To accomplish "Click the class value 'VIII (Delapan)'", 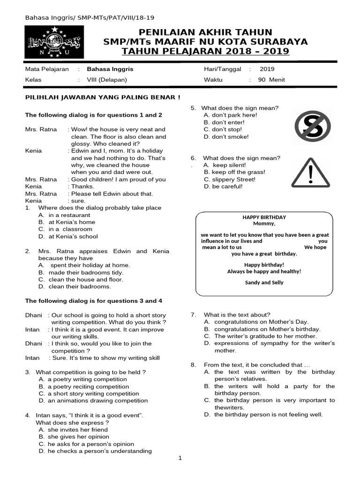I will click(107, 80).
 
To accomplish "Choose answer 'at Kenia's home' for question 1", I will click(71, 222).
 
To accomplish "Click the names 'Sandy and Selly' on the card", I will click(264, 283).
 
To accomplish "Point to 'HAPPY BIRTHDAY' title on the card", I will click(264, 217).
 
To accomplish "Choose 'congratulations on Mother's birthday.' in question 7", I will click(267, 329).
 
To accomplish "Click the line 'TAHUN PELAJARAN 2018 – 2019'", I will click(205, 51).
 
